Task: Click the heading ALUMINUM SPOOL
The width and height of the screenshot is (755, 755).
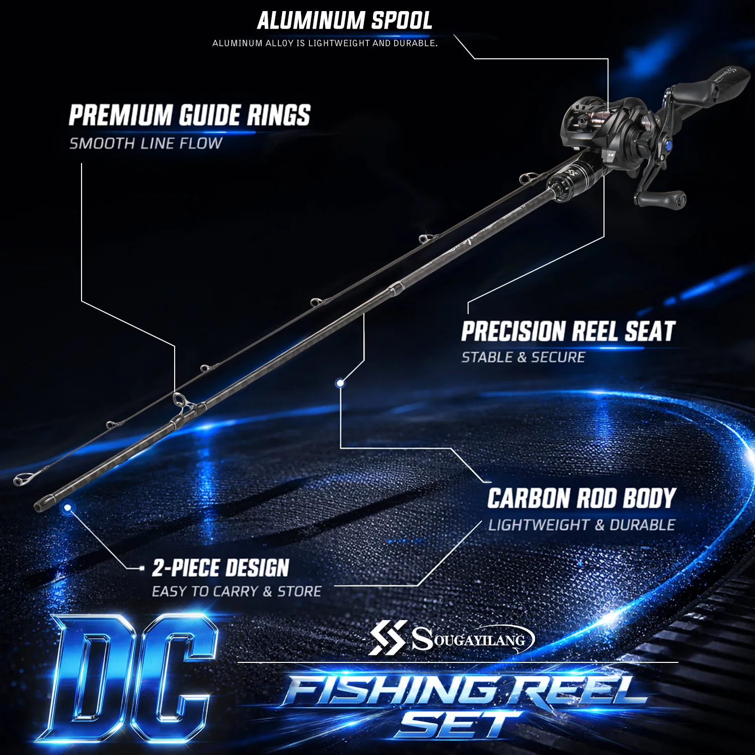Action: [x=345, y=21]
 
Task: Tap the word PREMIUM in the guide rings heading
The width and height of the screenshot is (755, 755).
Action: [x=121, y=115]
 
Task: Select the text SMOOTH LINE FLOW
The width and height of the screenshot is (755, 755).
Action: [x=145, y=143]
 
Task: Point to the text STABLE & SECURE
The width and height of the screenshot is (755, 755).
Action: [x=523, y=357]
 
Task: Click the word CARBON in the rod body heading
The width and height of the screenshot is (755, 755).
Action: [x=528, y=498]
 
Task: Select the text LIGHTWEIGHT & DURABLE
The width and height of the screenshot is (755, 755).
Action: [x=581, y=525]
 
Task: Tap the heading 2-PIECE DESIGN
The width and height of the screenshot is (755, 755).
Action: [x=220, y=568]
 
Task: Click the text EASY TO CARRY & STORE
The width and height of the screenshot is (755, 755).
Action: [x=237, y=591]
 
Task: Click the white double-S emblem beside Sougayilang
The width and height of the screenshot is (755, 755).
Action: [x=388, y=638]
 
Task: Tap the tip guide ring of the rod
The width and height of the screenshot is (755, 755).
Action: [x=21, y=479]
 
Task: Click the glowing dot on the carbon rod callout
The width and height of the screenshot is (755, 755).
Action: [x=340, y=383]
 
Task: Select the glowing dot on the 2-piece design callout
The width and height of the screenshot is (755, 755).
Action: [x=67, y=508]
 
